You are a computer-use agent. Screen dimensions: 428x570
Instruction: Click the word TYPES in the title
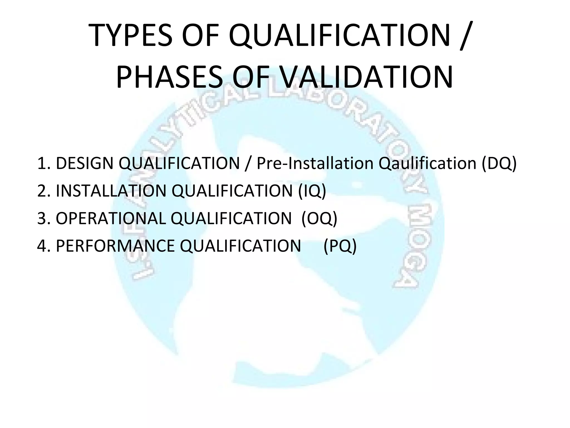131,36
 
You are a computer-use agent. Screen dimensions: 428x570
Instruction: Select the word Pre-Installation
315,163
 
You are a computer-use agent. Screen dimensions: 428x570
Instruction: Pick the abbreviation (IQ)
312,191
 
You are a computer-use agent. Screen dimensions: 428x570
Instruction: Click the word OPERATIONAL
111,218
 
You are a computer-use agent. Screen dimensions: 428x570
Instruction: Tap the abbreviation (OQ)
319,218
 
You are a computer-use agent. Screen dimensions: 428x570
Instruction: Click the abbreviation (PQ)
340,246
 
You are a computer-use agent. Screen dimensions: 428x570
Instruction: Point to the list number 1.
42,163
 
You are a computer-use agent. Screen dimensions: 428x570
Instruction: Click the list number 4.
42,246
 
